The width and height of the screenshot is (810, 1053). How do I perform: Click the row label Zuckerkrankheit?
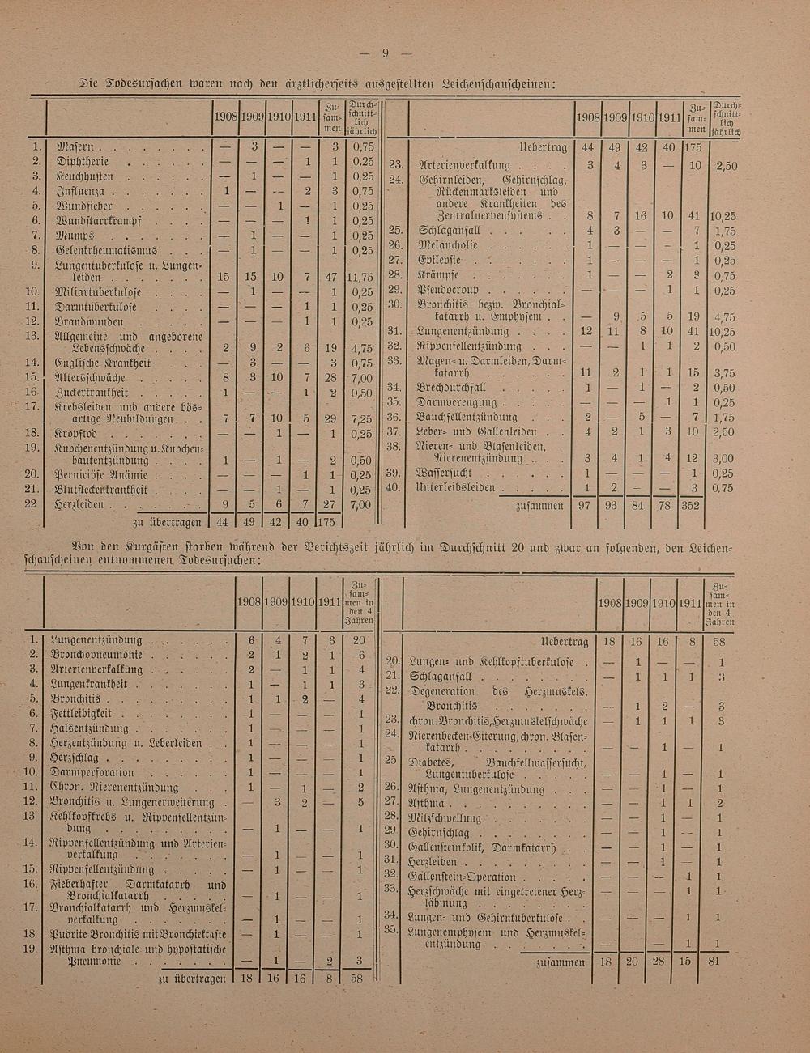point(87,393)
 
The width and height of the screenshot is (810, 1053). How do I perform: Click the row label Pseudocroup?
point(448,291)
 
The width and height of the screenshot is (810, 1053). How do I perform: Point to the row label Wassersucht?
point(445,473)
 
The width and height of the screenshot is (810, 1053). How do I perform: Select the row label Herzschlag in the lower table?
point(75,758)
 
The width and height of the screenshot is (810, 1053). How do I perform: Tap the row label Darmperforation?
point(89,773)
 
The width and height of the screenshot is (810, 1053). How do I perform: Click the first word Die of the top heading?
point(90,83)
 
